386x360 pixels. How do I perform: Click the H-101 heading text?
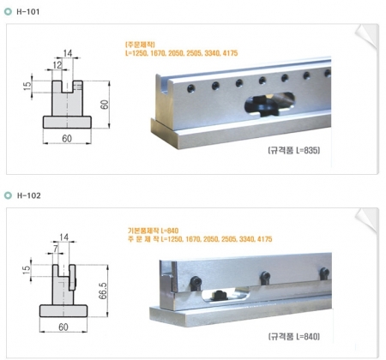pos(28,12)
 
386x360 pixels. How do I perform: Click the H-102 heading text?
pos(28,195)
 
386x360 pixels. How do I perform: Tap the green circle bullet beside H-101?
pos(8,12)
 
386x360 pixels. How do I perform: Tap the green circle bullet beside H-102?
pos(8,195)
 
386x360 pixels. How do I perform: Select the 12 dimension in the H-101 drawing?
pos(57,65)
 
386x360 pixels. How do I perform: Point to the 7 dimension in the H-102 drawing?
pos(56,249)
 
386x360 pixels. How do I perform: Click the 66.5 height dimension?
pos(103,291)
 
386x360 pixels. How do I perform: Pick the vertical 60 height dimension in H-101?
pos(105,105)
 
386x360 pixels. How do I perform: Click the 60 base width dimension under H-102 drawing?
pos(63,327)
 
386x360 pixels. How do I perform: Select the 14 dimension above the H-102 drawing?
pos(64,237)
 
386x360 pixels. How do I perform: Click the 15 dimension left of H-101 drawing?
pos(27,86)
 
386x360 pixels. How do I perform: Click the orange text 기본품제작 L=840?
pos(153,231)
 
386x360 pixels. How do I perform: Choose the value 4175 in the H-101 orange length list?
pos(230,53)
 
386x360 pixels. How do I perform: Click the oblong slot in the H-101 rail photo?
pos(269,105)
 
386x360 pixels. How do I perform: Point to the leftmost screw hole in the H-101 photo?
pos(191,88)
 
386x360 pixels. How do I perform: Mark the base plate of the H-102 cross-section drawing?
pos(63,311)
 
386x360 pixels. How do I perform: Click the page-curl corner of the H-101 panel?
pos(366,36)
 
